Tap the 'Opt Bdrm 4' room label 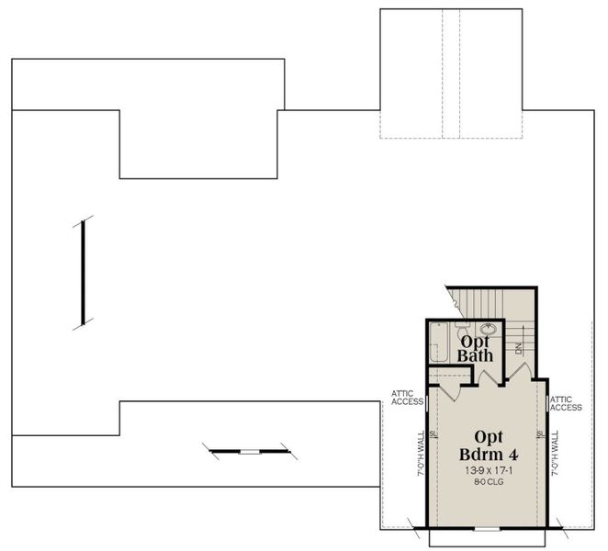click(x=486, y=445)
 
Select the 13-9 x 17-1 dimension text click(x=486, y=469)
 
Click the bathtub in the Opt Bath click(x=439, y=341)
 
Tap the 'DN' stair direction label click(x=518, y=348)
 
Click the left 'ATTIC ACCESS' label click(x=407, y=398)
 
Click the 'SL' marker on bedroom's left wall click(x=432, y=434)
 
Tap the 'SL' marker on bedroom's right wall click(x=541, y=434)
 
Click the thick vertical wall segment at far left click(x=83, y=273)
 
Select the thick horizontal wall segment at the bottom click(x=248, y=451)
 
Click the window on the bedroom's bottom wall click(x=487, y=531)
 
